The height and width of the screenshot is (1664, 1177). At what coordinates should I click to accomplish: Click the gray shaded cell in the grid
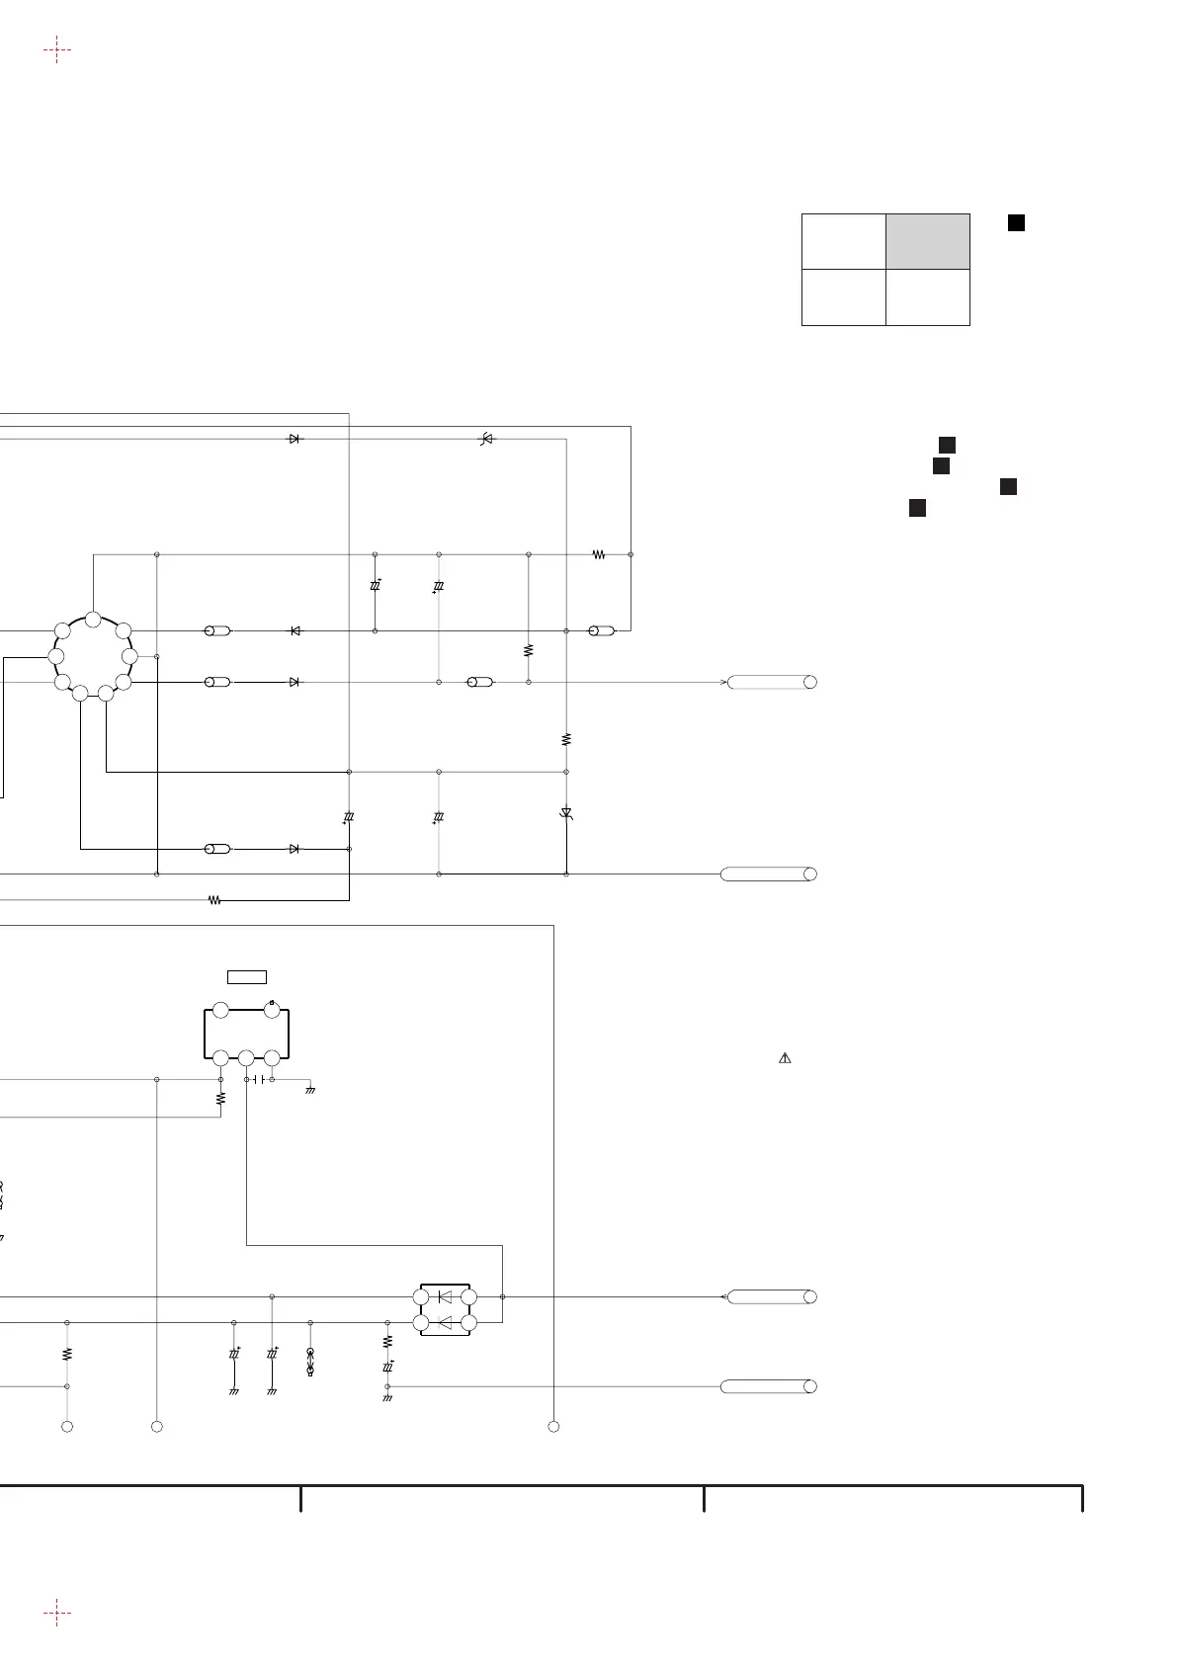click(927, 241)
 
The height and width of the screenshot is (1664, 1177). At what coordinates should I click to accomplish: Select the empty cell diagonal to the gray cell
click(843, 296)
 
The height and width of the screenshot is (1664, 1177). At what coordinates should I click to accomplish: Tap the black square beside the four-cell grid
click(1015, 223)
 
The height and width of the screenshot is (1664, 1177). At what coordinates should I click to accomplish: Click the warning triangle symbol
click(785, 1058)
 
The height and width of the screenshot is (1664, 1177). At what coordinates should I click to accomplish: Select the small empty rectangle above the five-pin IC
click(247, 977)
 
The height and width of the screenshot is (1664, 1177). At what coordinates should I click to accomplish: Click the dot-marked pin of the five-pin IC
click(272, 1010)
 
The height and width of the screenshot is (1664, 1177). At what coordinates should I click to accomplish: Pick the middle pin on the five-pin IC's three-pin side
click(246, 1058)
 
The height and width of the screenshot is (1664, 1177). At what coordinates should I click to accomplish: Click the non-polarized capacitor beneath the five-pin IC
click(259, 1080)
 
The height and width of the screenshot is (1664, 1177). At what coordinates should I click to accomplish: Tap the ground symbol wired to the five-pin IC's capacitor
click(310, 1089)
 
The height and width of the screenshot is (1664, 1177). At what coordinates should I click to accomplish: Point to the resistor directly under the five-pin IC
click(221, 1097)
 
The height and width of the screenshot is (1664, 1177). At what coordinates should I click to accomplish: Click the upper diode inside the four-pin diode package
click(445, 1296)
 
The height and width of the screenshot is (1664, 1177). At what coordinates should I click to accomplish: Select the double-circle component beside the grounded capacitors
click(310, 1361)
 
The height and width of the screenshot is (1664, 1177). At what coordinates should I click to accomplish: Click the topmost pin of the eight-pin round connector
click(93, 620)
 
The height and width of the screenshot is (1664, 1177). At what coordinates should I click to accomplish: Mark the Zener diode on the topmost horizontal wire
click(485, 439)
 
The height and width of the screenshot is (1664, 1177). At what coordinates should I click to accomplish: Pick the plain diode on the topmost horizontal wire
click(294, 439)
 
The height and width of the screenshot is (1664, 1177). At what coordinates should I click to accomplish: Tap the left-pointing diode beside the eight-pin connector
click(294, 630)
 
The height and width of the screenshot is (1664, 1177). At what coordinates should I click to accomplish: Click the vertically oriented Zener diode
click(566, 813)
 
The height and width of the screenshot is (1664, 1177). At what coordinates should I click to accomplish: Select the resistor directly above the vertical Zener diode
click(566, 738)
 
